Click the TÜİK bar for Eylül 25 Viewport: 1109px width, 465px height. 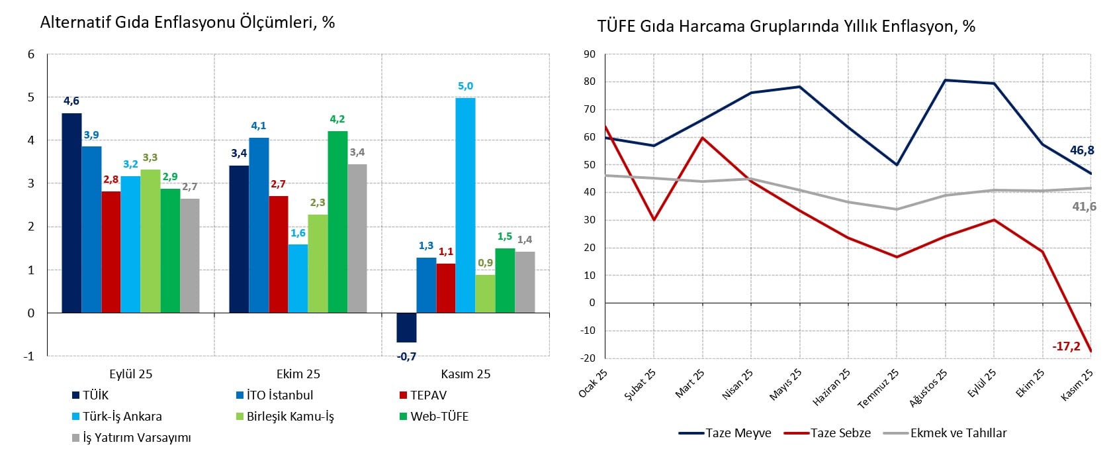pyautogui.click(x=71, y=213)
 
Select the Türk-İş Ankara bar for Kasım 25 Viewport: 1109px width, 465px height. pyautogui.click(x=465, y=205)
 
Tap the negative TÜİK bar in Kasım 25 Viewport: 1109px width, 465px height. pyautogui.click(x=406, y=327)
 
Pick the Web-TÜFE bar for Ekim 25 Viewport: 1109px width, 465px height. pyautogui.click(x=337, y=222)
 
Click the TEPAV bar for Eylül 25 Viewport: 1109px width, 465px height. pyautogui.click(x=111, y=252)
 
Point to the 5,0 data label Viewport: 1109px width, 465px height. pyautogui.click(x=465, y=86)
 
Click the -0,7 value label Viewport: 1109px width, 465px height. pyautogui.click(x=406, y=356)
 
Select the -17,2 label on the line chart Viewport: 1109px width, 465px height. pyautogui.click(x=1066, y=346)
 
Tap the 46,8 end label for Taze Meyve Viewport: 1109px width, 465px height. pyautogui.click(x=1082, y=150)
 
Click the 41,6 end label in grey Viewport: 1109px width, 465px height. pyautogui.click(x=1084, y=207)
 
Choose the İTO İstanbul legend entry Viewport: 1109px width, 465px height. pyautogui.click(x=275, y=395)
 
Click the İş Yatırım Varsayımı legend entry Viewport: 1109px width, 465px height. pyautogui.click(x=132, y=438)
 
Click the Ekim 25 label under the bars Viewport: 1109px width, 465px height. pyautogui.click(x=298, y=374)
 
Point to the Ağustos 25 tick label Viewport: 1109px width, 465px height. pyautogui.click(x=928, y=388)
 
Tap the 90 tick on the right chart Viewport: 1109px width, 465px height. pyautogui.click(x=588, y=54)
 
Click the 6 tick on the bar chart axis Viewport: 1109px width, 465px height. pyautogui.click(x=31, y=54)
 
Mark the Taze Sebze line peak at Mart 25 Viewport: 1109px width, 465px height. pyautogui.click(x=703, y=138)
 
